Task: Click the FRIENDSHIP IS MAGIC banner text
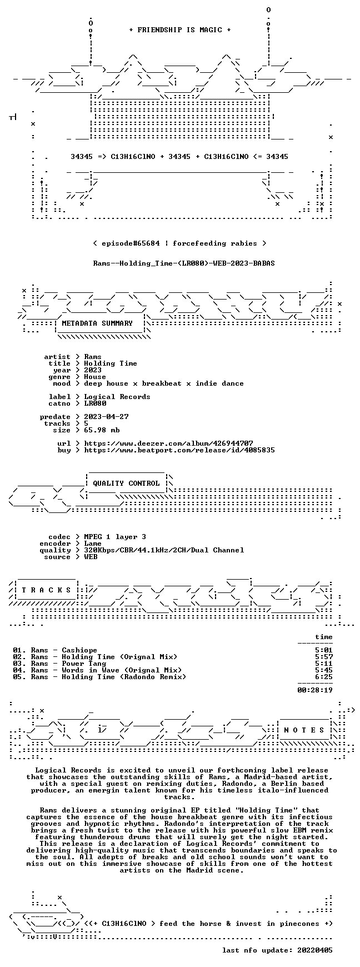[x=179, y=30]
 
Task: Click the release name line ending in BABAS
[x=184, y=263]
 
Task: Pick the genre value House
[x=95, y=377]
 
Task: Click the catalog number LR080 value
[x=95, y=403]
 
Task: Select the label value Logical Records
[x=117, y=397]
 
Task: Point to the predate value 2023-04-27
[x=106, y=417]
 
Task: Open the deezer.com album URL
[x=168, y=443]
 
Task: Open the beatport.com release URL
[x=179, y=450]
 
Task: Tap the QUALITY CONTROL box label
[x=126, y=483]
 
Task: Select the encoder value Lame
[x=93, y=544]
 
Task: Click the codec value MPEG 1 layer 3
[x=115, y=537]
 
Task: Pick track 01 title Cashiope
[x=79, y=650]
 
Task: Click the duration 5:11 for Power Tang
[x=324, y=664]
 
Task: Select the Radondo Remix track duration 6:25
[x=324, y=677]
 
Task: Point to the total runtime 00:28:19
[x=315, y=690]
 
